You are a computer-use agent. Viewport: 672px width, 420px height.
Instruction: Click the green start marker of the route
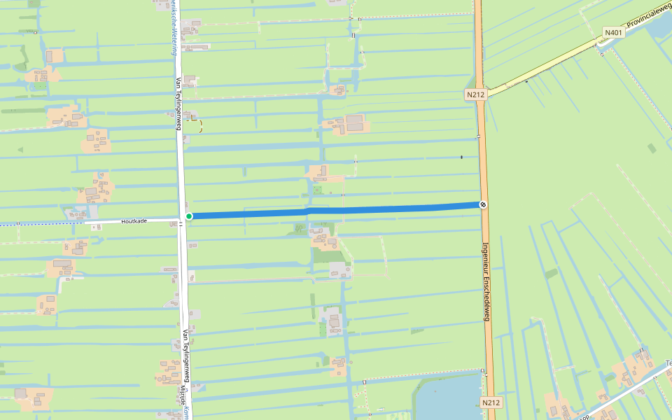coord(189,216)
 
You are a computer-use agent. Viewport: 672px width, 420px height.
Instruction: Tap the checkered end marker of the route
coord(483,204)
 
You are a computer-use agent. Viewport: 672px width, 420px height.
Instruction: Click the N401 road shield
coord(613,32)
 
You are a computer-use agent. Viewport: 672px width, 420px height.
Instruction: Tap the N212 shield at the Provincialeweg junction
coord(475,94)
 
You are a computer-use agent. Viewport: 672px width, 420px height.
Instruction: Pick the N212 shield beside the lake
coord(491,402)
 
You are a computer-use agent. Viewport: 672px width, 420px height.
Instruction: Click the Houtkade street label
coord(133,220)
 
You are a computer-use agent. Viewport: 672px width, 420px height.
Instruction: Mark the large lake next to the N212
coord(448,399)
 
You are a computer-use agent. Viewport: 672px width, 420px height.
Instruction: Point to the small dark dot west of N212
coord(461,157)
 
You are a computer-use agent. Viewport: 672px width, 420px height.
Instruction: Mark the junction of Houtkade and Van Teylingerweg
coord(181,219)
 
